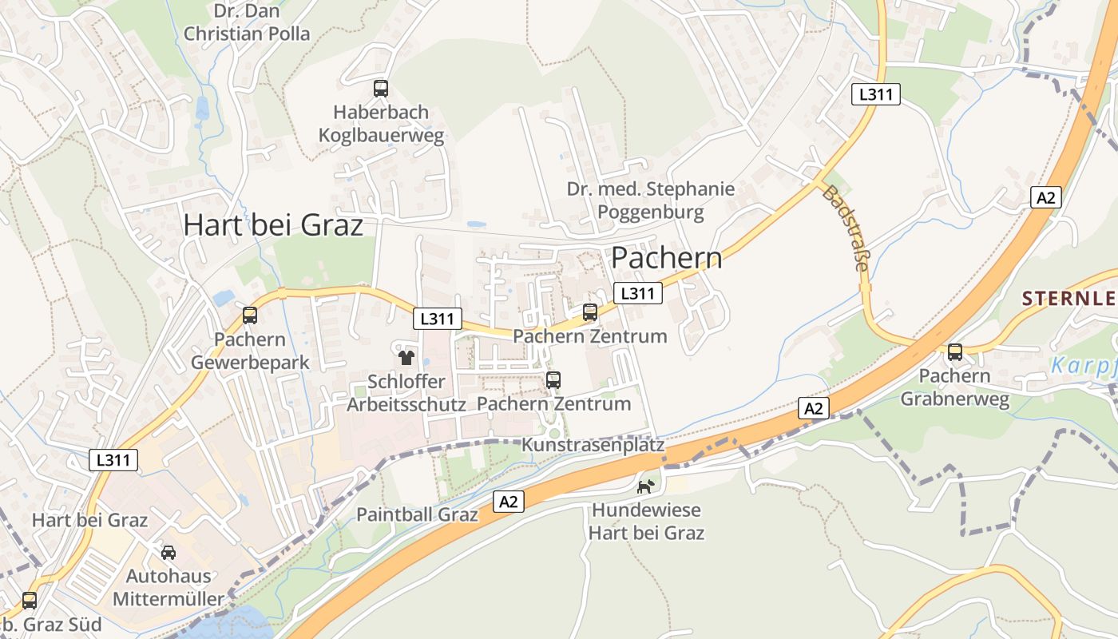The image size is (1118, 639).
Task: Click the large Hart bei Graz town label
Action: click(x=273, y=225)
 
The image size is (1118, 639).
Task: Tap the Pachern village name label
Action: click(x=666, y=258)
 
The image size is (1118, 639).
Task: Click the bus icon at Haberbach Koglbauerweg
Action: click(x=381, y=89)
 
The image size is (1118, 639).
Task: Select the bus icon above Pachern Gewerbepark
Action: click(x=250, y=316)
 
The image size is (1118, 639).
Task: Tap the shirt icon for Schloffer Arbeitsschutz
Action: click(x=406, y=357)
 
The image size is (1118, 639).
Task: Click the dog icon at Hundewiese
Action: click(x=645, y=486)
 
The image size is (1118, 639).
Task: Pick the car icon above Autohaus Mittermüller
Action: click(x=168, y=552)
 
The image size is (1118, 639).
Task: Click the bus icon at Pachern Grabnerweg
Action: click(x=954, y=351)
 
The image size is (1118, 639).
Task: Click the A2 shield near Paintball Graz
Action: click(x=509, y=502)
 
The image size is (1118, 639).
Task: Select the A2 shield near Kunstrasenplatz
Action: click(x=813, y=409)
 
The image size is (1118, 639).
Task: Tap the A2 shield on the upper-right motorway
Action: click(x=1045, y=197)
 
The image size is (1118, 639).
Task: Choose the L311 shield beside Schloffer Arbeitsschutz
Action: click(x=438, y=319)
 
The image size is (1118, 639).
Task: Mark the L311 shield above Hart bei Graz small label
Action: click(x=113, y=460)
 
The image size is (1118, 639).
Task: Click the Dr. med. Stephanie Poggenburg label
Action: click(x=651, y=200)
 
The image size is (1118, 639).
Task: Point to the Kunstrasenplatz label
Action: click(x=593, y=445)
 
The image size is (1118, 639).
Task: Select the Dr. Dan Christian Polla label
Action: click(x=246, y=22)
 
